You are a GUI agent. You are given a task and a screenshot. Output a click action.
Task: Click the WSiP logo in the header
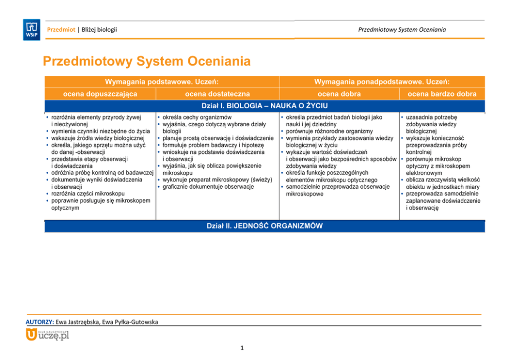click(x=31, y=29)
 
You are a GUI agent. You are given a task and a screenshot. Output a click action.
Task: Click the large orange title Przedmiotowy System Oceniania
click(x=147, y=62)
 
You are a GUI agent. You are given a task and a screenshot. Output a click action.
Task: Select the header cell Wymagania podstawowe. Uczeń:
click(x=162, y=82)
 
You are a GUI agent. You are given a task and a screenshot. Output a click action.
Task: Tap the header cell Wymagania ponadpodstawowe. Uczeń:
click(x=382, y=82)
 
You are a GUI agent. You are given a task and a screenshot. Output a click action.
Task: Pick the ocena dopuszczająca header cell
click(x=100, y=94)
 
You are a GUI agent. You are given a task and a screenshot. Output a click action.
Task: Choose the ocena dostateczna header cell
click(x=217, y=94)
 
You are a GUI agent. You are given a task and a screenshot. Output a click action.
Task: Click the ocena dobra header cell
click(x=339, y=94)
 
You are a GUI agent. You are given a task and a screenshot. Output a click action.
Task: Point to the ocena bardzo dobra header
click(x=442, y=94)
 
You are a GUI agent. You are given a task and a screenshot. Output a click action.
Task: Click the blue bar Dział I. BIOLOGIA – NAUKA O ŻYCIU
click(x=264, y=106)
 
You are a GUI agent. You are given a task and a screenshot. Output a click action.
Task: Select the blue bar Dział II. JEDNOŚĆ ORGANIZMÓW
click(x=264, y=226)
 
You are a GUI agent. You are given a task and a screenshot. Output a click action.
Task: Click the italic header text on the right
click(x=402, y=29)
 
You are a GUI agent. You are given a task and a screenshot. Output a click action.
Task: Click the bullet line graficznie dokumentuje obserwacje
click(x=208, y=187)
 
